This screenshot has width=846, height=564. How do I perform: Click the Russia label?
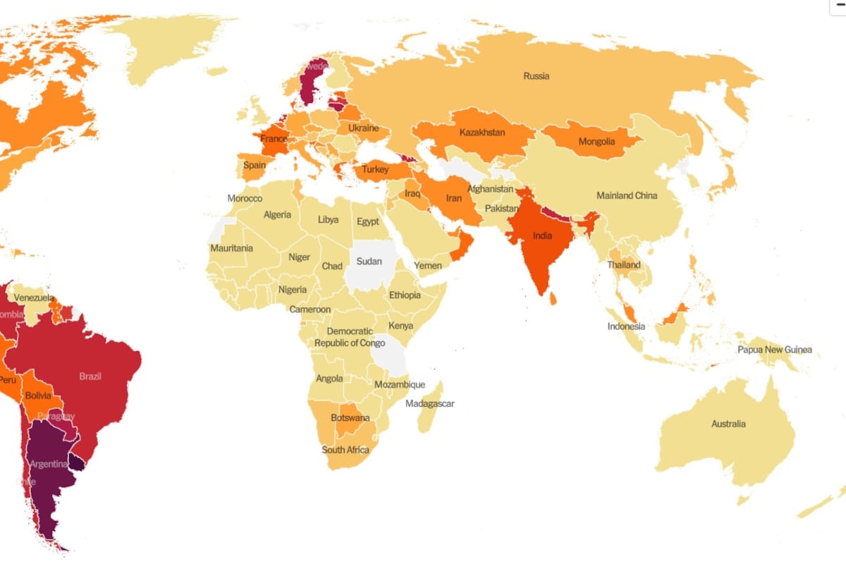pyautogui.click(x=536, y=76)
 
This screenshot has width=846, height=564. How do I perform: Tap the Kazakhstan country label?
pyautogui.click(x=482, y=133)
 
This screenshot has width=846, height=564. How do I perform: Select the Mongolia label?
pyautogui.click(x=596, y=142)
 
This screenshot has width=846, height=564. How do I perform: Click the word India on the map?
pyautogui.click(x=542, y=235)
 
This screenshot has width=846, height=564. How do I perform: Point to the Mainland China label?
pyautogui.click(x=626, y=195)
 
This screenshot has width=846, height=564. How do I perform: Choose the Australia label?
pyautogui.click(x=728, y=424)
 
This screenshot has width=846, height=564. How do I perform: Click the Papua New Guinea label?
pyautogui.click(x=774, y=350)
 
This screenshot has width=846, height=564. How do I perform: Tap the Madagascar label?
pyautogui.click(x=429, y=404)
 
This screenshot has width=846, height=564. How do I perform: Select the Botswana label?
pyautogui.click(x=350, y=418)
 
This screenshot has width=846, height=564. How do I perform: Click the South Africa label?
pyautogui.click(x=345, y=450)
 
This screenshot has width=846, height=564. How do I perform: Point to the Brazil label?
pyautogui.click(x=90, y=376)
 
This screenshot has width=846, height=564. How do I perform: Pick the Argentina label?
pyautogui.click(x=49, y=464)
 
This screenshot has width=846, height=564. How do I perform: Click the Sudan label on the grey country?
pyautogui.click(x=369, y=262)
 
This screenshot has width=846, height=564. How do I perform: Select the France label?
pyautogui.click(x=274, y=139)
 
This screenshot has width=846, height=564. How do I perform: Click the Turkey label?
pyautogui.click(x=375, y=170)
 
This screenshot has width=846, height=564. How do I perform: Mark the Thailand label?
pyautogui.click(x=624, y=265)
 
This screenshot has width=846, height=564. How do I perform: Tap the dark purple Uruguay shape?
pyautogui.click(x=76, y=462)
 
